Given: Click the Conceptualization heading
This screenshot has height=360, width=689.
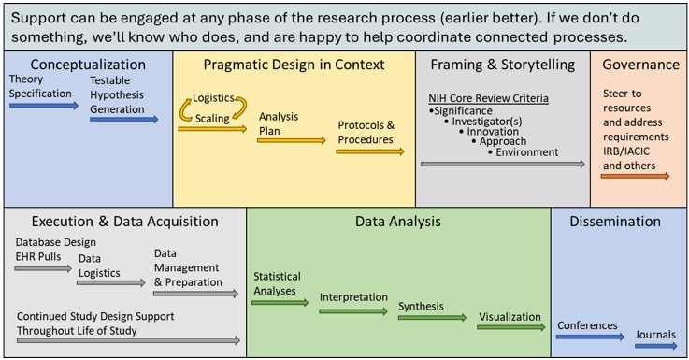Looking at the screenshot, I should point(88,65).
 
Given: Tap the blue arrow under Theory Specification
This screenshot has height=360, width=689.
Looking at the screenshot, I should point(44,106).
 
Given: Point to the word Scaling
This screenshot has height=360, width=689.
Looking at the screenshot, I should point(214,118).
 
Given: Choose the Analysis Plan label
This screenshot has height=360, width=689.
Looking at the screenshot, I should point(280,124).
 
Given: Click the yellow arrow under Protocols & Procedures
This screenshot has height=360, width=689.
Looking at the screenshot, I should point(370,151).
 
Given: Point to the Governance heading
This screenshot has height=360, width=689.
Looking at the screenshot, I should point(640,65).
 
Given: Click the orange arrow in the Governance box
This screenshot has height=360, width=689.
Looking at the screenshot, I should point(636,176).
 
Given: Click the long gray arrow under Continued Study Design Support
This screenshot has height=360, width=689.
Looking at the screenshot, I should point(126,340).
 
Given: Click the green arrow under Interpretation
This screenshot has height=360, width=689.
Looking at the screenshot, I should point(353,311).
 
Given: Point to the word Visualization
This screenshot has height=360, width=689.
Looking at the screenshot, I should point(510,316).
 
